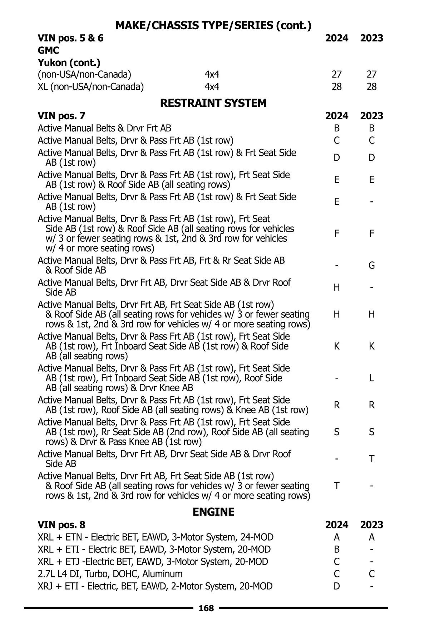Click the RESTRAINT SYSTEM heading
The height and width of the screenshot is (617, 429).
pos(213,103)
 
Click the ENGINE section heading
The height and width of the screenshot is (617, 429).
pos(213,512)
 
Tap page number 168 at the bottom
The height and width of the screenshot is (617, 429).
pos(206,608)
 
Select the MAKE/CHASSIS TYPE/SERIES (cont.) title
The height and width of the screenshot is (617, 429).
pos(213,25)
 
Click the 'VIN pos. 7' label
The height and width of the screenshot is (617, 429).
pos(61,116)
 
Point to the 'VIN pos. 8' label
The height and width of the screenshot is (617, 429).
pos(61,525)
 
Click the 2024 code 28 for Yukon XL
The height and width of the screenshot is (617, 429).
pos(336,87)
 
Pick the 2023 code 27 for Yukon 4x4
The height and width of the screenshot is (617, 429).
pos(371,74)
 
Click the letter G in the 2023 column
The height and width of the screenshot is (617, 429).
pos(371,265)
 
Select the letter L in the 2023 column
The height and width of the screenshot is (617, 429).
pos(371,378)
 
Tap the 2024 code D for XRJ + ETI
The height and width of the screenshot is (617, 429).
pos(336,586)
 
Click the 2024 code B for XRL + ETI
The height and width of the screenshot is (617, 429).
pos(336,550)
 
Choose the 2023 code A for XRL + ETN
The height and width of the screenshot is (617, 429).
pos(371,537)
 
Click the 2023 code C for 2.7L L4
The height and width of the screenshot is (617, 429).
pos(371,574)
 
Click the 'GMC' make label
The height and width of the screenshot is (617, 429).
pos(48,50)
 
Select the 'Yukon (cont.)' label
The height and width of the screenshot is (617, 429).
pos(69,62)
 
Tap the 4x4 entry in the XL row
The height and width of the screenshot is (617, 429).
pos(212,87)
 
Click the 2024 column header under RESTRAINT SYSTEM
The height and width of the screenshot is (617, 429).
pos(336,116)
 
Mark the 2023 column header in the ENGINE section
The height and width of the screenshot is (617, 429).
pos(371,525)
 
